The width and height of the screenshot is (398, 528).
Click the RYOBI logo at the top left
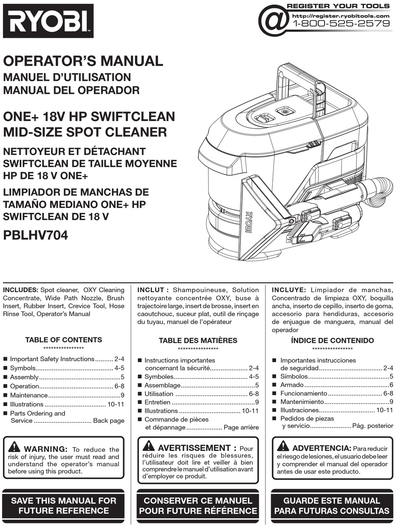pyautogui.click(x=48, y=21)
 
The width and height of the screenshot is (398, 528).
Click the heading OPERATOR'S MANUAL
pyautogui.click(x=83, y=61)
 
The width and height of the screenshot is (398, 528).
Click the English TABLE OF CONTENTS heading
pyautogui.click(x=64, y=340)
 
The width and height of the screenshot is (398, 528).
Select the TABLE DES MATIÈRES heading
pyautogui.click(x=198, y=341)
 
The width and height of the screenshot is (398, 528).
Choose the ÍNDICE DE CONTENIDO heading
pyautogui.click(x=332, y=341)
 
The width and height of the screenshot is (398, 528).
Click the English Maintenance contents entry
pyautogui.click(x=29, y=395)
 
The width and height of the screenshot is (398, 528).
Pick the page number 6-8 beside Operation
pyautogui.click(x=119, y=386)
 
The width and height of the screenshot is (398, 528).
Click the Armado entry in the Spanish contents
pyautogui.click(x=292, y=385)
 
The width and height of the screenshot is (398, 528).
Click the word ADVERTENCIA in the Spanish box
pyautogui.click(x=321, y=448)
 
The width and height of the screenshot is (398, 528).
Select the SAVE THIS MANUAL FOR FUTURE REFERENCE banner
pyautogui.click(x=64, y=505)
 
